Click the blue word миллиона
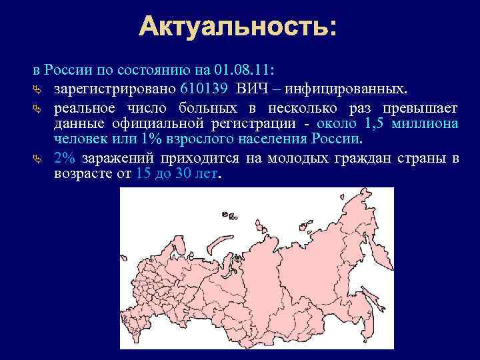pyautogui.click(x=425, y=123)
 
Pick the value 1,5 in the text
pyautogui.click(x=375, y=123)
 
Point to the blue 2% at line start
pyautogui.click(x=64, y=158)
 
